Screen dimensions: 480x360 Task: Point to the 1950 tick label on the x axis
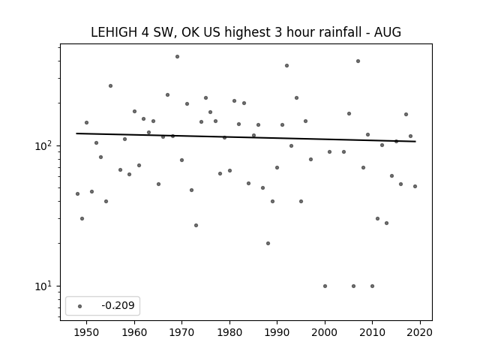[86, 332]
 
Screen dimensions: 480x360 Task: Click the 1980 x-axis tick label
[229, 332]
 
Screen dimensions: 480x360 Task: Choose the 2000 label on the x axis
[325, 332]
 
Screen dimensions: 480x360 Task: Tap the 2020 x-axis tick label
[420, 332]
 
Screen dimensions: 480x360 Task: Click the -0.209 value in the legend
[118, 305]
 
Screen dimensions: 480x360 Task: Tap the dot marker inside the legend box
[80, 306]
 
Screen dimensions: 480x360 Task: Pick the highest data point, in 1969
[177, 57]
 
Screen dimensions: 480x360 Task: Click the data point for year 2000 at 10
[325, 286]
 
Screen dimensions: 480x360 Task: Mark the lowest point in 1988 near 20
[268, 243]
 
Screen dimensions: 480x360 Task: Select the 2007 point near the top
[358, 61]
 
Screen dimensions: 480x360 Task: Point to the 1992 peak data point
[286, 66]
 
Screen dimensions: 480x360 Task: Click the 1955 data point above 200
[110, 86]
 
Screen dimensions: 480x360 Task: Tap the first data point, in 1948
[77, 193]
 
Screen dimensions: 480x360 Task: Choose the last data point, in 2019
[415, 187]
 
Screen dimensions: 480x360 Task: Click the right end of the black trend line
[415, 142]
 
